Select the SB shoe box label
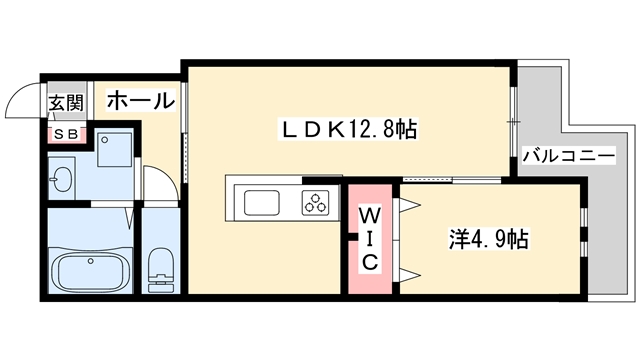(67, 133)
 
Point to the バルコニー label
(568, 157)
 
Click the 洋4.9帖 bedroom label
(489, 240)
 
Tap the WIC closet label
(368, 238)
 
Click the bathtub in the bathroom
(90, 271)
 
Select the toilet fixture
(160, 268)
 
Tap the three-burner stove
(317, 202)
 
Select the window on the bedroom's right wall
(584, 231)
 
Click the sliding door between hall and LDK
(184, 149)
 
